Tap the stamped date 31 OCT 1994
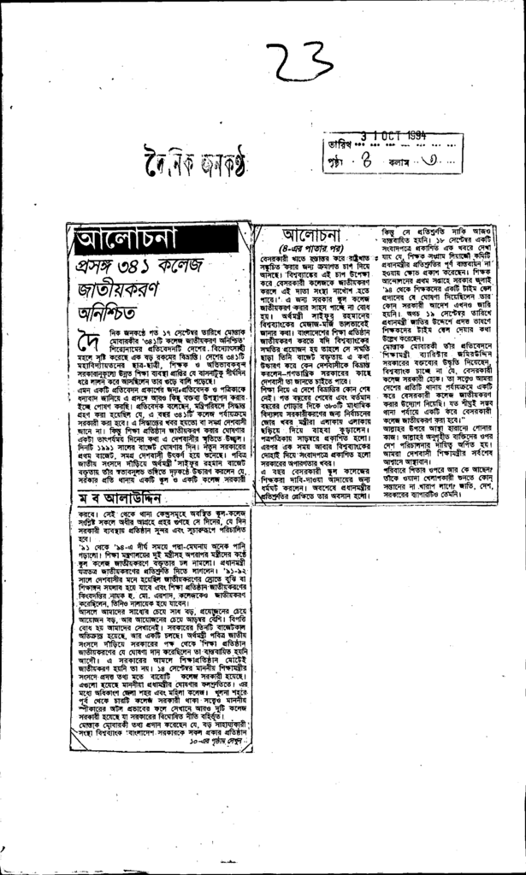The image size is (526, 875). pos(393,137)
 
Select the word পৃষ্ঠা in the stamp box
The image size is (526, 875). pos(340,157)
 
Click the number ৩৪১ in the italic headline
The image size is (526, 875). pos(138,267)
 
